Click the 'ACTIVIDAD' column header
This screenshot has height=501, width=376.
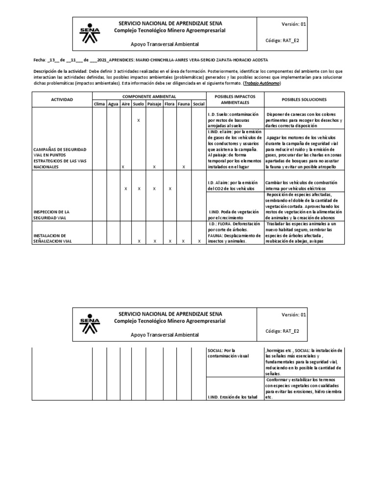[62, 99]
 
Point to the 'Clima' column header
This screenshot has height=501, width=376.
[99, 104]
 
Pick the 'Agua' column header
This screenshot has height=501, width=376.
[113, 104]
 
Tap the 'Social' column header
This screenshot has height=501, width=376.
[198, 104]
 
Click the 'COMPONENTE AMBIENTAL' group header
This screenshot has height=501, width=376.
[149, 96]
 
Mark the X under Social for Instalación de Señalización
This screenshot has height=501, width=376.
[198, 241]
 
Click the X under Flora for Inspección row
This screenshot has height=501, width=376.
[169, 188]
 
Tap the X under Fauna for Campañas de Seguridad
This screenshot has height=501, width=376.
[184, 167]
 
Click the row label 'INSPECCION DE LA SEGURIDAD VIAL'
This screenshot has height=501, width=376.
[53, 214]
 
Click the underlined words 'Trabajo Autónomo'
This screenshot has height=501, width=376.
[265, 84]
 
